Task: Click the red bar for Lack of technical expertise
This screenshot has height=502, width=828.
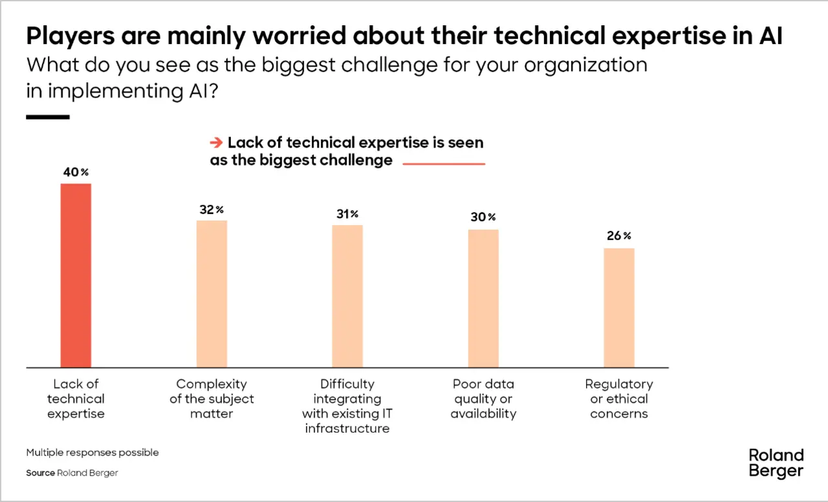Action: click(76, 276)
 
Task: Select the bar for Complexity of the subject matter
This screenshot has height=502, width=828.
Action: click(212, 294)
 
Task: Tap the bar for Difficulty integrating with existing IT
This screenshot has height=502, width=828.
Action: click(347, 296)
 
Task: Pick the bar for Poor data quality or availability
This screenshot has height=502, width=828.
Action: click(483, 298)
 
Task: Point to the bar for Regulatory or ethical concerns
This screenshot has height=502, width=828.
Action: click(619, 308)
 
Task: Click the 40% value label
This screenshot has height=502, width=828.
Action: click(76, 173)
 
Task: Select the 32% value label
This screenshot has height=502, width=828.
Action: click(212, 210)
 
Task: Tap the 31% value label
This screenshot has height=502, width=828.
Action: click(347, 214)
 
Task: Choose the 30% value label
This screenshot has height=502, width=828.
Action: click(483, 217)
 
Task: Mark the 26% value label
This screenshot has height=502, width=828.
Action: click(619, 236)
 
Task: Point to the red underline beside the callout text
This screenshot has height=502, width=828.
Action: click(444, 164)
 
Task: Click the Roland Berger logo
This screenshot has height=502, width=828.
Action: click(776, 463)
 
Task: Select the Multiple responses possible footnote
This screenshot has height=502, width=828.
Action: click(93, 452)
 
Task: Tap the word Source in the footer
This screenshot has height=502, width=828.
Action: click(40, 473)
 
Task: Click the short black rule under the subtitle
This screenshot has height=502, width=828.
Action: click(47, 117)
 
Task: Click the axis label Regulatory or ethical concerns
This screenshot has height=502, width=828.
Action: click(619, 398)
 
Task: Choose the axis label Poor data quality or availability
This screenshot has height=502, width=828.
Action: click(483, 398)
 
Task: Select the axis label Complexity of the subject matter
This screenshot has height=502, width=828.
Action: click(212, 398)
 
